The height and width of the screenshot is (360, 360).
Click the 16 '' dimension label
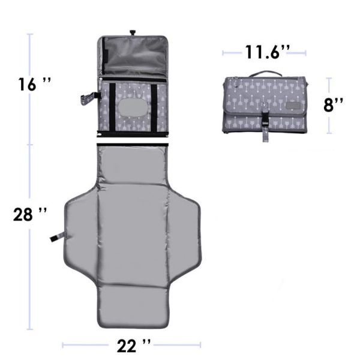35,84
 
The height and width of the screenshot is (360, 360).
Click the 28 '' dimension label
29,215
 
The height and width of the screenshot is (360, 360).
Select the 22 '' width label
134,346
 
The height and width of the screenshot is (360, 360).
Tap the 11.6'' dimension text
267,52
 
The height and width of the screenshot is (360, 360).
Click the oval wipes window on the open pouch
133,108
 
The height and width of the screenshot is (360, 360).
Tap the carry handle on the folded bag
265,73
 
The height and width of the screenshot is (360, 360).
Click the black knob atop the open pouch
133,32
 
